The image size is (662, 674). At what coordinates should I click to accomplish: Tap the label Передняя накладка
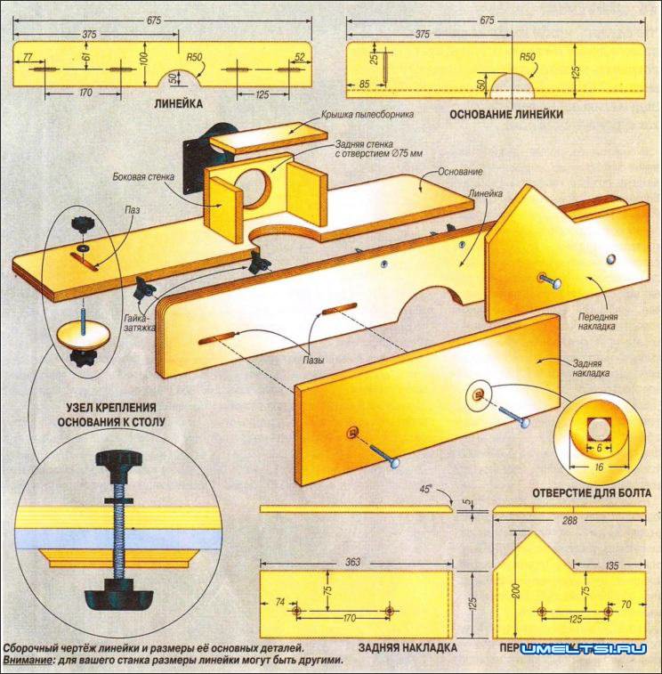pos(598,321)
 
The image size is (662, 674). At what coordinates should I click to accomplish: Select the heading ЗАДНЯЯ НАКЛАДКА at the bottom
pos(407,647)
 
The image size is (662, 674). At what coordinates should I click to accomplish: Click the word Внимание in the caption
pos(26,662)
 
